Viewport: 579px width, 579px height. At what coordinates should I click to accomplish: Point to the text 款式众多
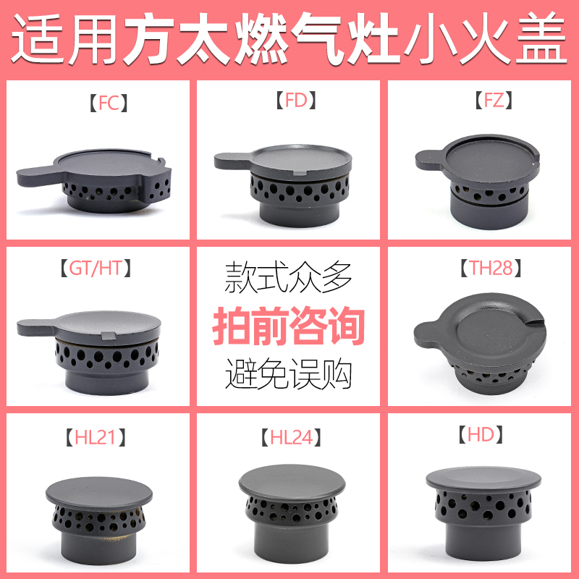click(289, 276)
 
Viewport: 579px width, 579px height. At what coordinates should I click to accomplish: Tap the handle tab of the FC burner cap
click(36, 174)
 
